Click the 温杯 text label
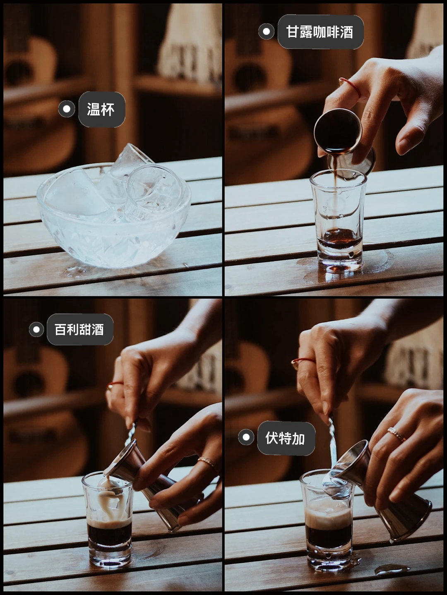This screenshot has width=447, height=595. pos(101,110)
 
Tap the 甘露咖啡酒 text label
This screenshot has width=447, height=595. pos(320,32)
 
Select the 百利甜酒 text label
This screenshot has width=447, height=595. pos(79,330)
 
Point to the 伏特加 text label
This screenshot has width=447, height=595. pos(285,438)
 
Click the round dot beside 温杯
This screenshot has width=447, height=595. pos(67,109)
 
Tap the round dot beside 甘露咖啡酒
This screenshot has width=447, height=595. pos(267,32)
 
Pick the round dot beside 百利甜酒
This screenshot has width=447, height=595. pos(36,330)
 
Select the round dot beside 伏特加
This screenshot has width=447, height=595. pos(246,437)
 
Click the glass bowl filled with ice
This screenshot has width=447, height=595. pos(114,215)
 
